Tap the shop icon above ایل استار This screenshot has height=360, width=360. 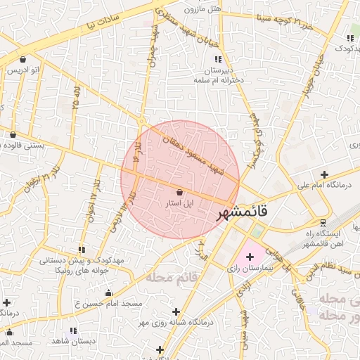[x=179, y=192]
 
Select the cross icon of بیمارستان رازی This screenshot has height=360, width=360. [x=250, y=257]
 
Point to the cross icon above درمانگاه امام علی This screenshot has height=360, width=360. [x=323, y=174]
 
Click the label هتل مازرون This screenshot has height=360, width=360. [x=203, y=10]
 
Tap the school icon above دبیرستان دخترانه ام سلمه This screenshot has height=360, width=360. [x=218, y=59]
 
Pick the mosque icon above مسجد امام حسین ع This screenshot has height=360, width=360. [x=108, y=293]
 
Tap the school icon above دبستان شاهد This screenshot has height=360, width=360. [x=73, y=330]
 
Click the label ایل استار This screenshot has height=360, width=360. [x=177, y=203]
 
